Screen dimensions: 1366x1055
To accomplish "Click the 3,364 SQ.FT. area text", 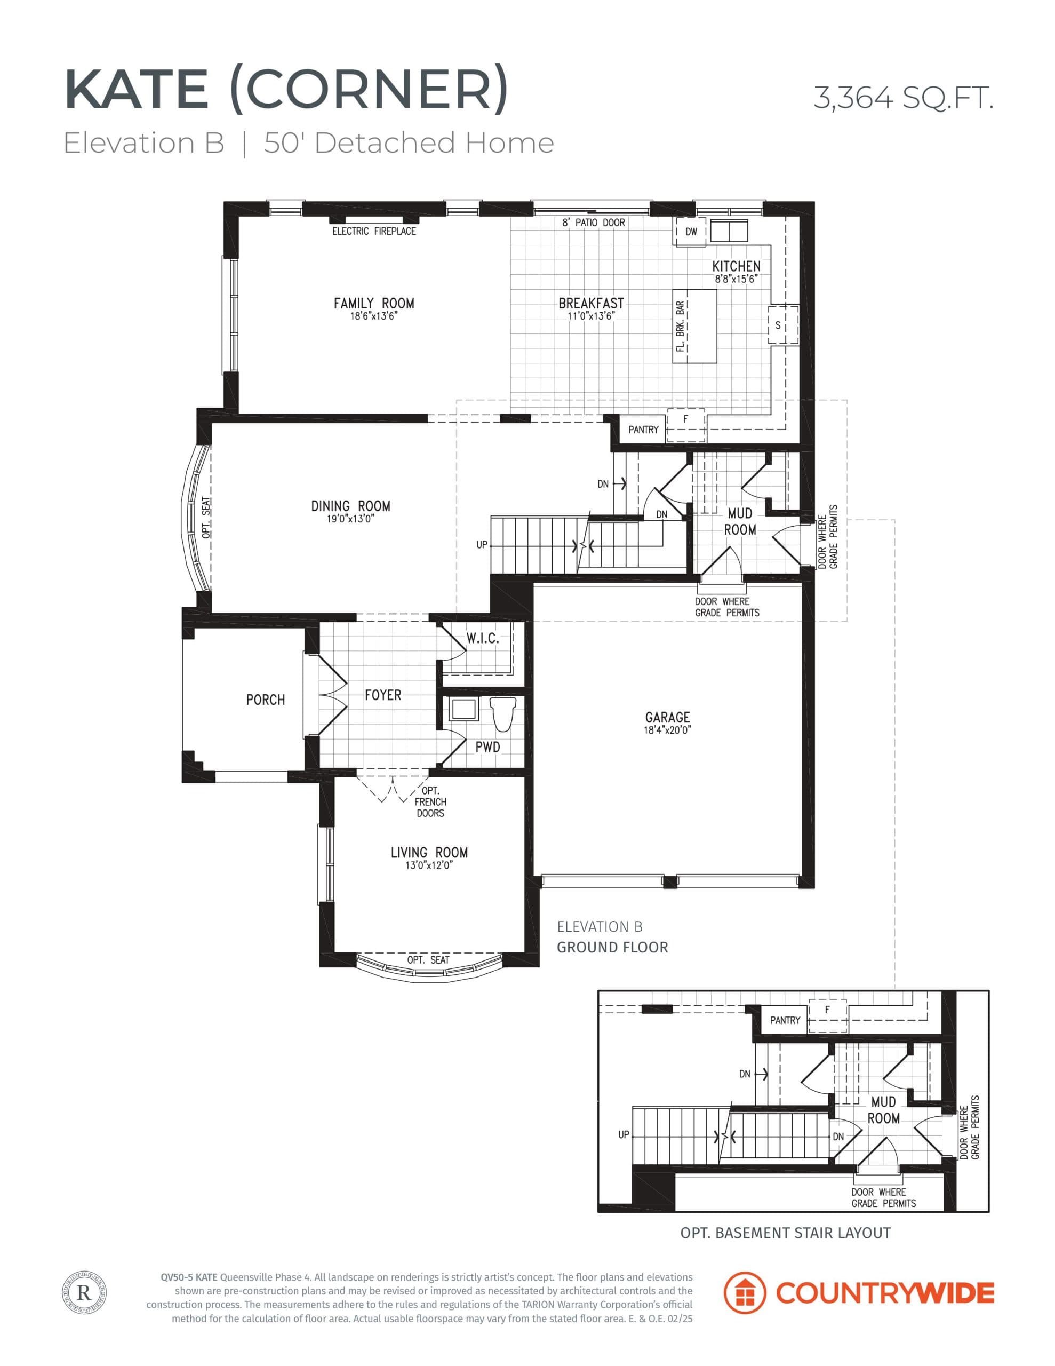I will [903, 98].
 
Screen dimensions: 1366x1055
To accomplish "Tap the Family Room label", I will [373, 303].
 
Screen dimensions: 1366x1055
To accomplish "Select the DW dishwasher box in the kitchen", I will [690, 232].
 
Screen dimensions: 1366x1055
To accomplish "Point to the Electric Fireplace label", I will [373, 232].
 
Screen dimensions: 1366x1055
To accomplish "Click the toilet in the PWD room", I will [502, 713].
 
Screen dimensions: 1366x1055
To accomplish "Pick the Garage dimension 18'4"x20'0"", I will [667, 730].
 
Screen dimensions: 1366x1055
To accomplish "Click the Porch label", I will [265, 700].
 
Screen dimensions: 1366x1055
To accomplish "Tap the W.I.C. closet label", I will [482, 639].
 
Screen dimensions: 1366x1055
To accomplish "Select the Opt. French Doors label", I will [430, 802].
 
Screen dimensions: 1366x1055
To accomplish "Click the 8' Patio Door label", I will [593, 223].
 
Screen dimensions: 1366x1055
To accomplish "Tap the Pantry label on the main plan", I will [643, 430].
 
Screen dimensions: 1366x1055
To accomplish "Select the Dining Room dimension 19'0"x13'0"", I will [350, 519].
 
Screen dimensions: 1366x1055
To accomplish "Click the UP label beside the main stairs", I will [482, 545].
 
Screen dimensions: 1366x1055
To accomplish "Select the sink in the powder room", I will [463, 710].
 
